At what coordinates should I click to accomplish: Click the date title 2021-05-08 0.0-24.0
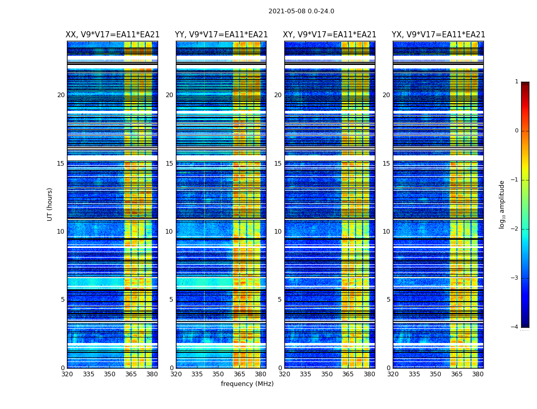pyautogui.click(x=301, y=11)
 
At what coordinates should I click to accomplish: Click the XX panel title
pyautogui.click(x=113, y=35)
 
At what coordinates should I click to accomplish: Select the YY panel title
pyautogui.click(x=221, y=35)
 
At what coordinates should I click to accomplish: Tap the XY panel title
pyautogui.click(x=329, y=35)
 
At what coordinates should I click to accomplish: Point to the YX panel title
pyautogui.click(x=438, y=35)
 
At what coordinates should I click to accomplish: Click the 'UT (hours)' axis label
pyautogui.click(x=50, y=204)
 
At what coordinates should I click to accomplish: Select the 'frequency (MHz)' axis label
pyautogui.click(x=247, y=384)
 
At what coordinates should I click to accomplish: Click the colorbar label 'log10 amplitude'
pyautogui.click(x=502, y=204)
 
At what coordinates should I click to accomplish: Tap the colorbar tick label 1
pyautogui.click(x=516, y=82)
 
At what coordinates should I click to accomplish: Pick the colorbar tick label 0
pyautogui.click(x=516, y=131)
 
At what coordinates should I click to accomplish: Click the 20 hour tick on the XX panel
pyautogui.click(x=61, y=95)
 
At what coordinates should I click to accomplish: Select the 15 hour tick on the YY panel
pyautogui.click(x=169, y=164)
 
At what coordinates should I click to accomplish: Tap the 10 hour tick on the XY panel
pyautogui.click(x=278, y=232)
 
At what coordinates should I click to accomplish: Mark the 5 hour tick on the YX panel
pyautogui.click(x=388, y=300)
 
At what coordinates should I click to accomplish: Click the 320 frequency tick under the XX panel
pyautogui.click(x=67, y=374)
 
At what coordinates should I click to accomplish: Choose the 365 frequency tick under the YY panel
pyautogui.click(x=239, y=374)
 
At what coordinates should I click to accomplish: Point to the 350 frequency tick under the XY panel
pyautogui.click(x=327, y=374)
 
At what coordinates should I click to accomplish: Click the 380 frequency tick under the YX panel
pyautogui.click(x=478, y=374)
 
